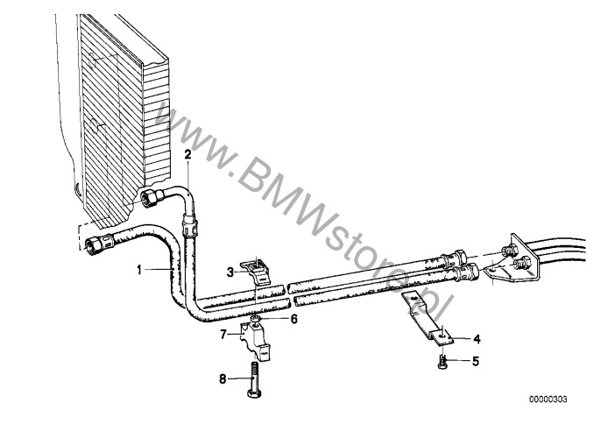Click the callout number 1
[x=138, y=271]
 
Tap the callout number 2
[x=187, y=153]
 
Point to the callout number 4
[x=477, y=338]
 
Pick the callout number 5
[x=477, y=359]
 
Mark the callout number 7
[x=223, y=334]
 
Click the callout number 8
[x=223, y=379]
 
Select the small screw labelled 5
[x=442, y=359]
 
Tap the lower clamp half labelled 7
[x=253, y=337]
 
